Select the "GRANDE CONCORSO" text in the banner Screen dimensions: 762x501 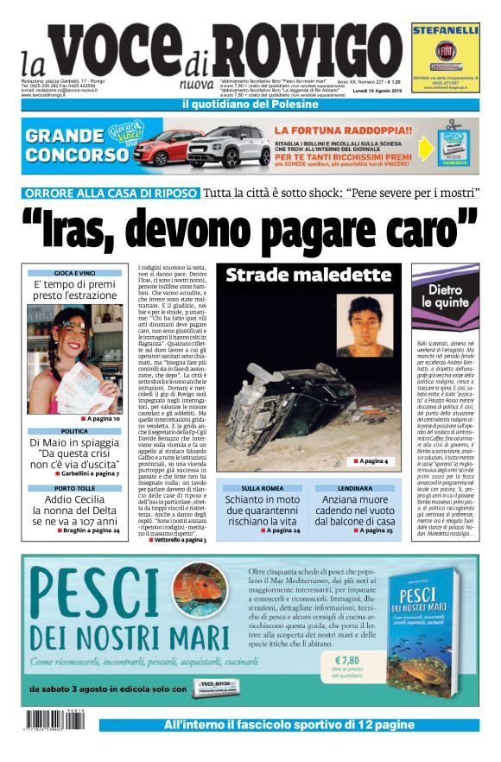coord(65,143)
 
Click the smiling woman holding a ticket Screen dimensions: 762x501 coord(69,359)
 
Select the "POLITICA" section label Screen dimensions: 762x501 coord(73,430)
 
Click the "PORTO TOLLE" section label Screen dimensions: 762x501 coord(73,488)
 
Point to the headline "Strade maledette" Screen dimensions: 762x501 coord(308,276)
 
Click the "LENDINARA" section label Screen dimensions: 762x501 coord(360,488)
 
